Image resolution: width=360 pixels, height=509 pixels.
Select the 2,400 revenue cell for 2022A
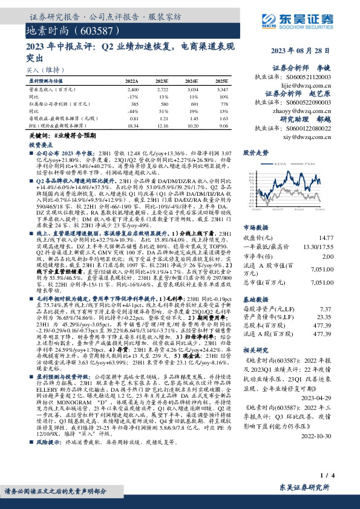point(133,89)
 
